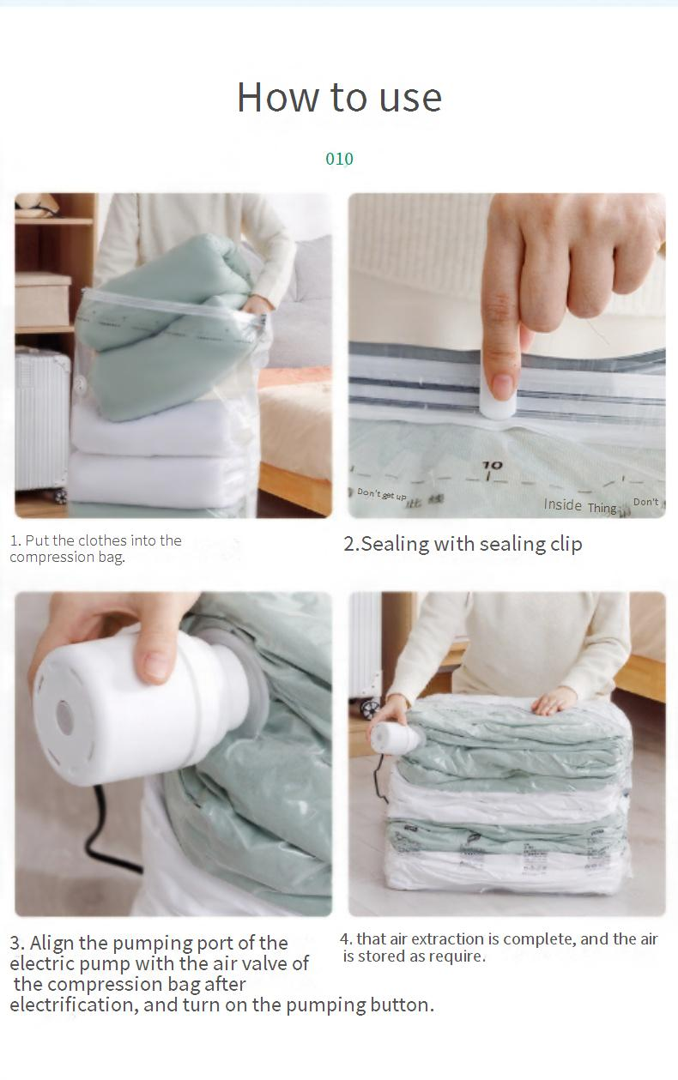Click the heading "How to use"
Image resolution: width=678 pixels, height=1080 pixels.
pyautogui.click(x=339, y=97)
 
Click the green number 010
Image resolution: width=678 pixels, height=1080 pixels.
pyautogui.click(x=339, y=159)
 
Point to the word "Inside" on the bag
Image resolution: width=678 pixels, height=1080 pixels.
pyautogui.click(x=562, y=504)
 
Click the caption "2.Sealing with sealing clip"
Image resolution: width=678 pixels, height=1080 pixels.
pyautogui.click(x=463, y=544)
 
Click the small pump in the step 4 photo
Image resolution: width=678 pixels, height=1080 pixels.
pyautogui.click(x=396, y=736)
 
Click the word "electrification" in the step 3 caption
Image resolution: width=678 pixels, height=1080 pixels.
pyautogui.click(x=72, y=1005)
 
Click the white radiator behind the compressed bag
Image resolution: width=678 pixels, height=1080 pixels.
pyautogui.click(x=365, y=643)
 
